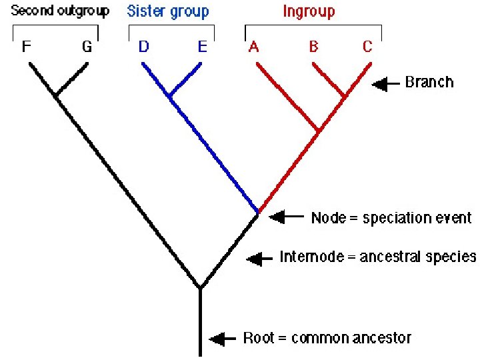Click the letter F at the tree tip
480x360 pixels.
27,47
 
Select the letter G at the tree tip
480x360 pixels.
87,47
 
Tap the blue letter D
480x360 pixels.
143,47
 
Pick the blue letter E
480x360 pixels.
203,47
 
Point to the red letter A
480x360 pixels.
253,47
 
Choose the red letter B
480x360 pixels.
313,47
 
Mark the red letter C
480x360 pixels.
367,47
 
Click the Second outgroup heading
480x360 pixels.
60,11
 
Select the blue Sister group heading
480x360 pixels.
168,11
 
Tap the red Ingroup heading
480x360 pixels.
309,11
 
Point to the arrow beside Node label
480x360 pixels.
285,217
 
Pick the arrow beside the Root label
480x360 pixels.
223,339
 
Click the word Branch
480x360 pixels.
429,83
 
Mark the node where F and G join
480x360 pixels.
56,96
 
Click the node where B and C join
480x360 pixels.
344,97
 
